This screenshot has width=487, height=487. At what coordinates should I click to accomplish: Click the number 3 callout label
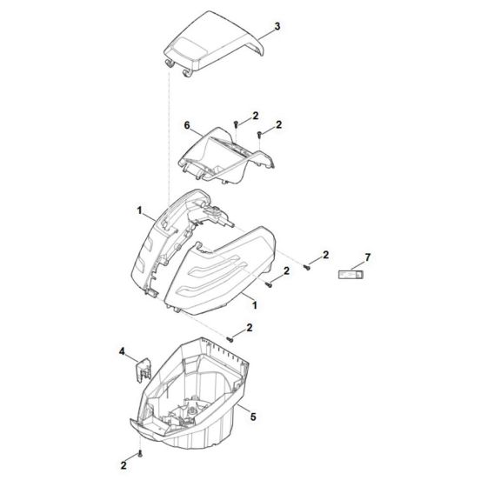[277, 29]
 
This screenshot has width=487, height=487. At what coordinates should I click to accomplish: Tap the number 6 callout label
[185, 126]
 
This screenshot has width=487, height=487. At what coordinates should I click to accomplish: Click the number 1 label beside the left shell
[140, 210]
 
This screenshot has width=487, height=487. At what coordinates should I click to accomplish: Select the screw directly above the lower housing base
[230, 337]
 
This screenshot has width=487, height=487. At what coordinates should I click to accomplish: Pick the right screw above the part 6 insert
[260, 133]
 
